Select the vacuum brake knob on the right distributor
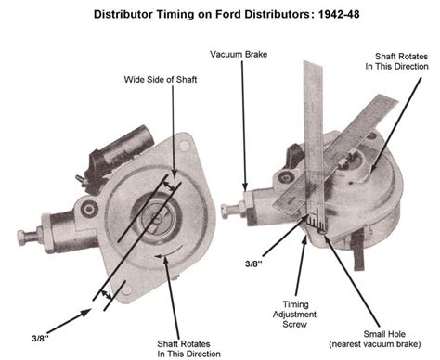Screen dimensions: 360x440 (229, 207)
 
